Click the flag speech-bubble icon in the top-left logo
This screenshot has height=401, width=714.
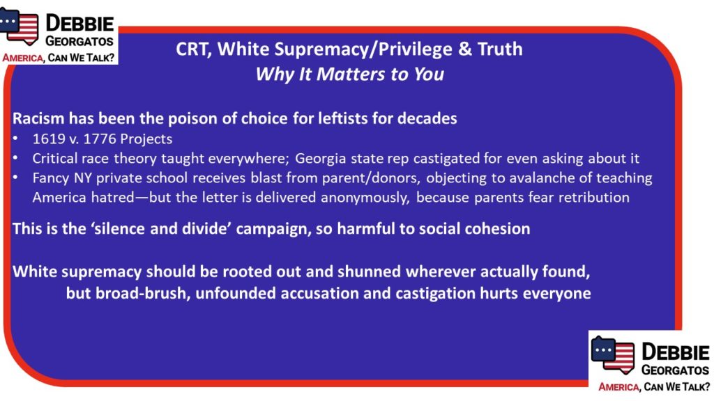(x=19, y=26)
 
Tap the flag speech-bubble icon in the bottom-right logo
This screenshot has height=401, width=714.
(x=612, y=354)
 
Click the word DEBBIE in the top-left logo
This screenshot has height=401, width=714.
(x=79, y=23)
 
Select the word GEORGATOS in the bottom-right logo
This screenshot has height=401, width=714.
(x=675, y=370)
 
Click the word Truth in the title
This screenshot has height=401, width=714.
(x=500, y=49)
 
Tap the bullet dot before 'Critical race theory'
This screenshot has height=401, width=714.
(x=15, y=158)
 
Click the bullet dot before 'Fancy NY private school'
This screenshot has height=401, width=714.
(x=15, y=178)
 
